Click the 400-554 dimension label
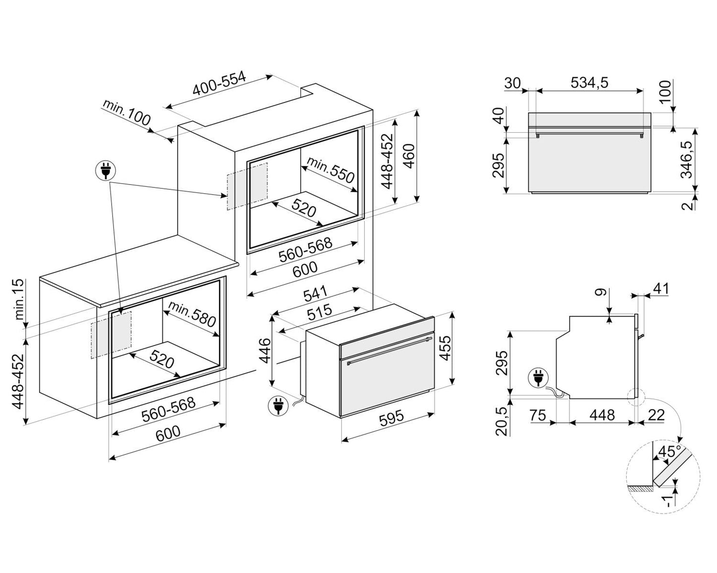pos(219,84)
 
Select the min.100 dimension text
pos(127,114)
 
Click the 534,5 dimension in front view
pos(589,82)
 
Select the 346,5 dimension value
pos(687,159)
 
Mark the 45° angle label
pos(670,452)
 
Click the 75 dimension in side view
pos(537,415)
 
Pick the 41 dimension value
pos(661,288)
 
